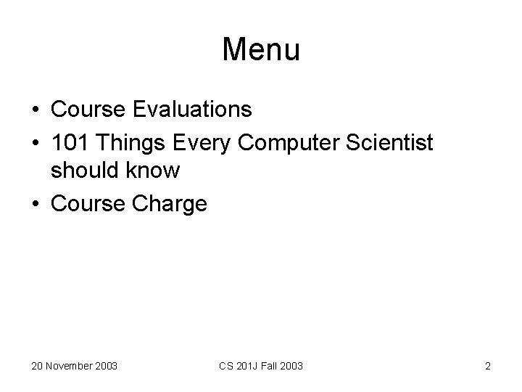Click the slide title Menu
point(261,49)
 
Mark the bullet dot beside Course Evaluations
point(36,110)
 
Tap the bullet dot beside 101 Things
point(36,144)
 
